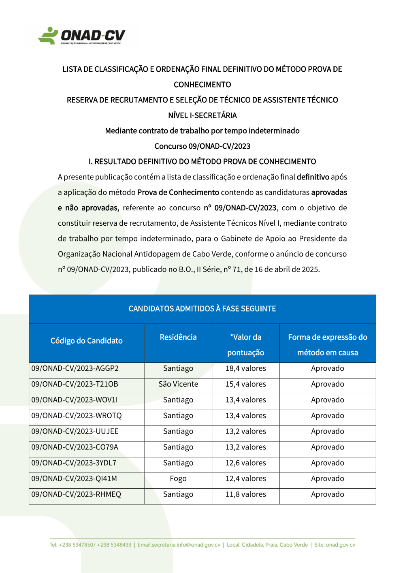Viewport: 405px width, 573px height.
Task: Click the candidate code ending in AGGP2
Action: (75, 368)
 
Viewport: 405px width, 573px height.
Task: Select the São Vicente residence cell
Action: (178, 384)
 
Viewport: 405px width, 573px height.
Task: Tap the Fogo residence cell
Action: (178, 479)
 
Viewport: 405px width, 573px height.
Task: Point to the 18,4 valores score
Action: (245, 368)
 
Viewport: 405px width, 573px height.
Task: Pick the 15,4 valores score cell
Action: (245, 384)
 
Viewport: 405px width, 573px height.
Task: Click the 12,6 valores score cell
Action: (245, 463)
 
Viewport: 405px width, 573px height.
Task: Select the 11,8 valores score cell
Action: (245, 494)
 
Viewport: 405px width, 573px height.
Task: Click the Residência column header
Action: (178, 337)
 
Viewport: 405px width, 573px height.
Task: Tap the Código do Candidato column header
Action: (86, 341)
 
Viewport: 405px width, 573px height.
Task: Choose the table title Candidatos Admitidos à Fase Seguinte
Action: (202, 309)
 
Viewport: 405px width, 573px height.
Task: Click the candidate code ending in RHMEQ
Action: (76, 494)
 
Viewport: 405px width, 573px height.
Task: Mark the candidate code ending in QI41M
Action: (74, 479)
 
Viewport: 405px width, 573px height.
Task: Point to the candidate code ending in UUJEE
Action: (75, 431)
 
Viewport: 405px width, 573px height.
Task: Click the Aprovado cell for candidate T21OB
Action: (327, 384)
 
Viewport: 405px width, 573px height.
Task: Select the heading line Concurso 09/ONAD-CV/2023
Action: (202, 146)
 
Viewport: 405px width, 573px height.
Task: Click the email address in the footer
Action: (179, 545)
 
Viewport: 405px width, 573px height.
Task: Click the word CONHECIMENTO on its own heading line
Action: (202, 85)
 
